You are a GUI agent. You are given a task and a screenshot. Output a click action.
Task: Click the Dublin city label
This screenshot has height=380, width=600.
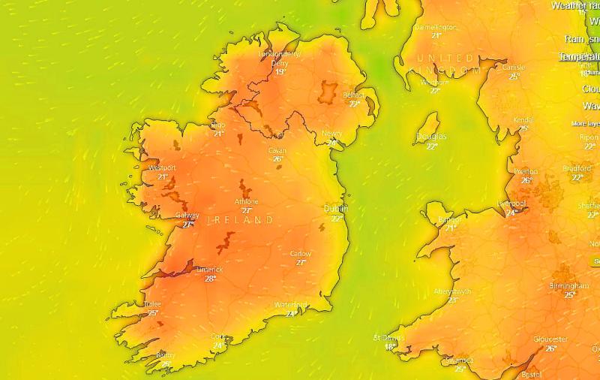(334, 209)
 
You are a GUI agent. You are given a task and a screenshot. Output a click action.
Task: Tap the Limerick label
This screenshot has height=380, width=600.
(211, 270)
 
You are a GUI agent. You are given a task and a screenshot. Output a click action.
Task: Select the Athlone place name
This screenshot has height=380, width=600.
(246, 202)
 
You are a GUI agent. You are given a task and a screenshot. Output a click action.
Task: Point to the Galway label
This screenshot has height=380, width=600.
(187, 216)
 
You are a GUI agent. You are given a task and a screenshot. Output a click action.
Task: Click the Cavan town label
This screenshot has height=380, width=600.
(277, 150)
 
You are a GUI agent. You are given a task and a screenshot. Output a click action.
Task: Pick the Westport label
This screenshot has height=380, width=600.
(162, 167)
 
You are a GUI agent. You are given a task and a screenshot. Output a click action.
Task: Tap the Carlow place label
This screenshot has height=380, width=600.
(301, 254)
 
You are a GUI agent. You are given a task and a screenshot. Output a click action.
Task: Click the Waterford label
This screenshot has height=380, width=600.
(291, 304)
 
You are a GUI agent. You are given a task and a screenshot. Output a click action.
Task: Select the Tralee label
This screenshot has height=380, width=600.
(152, 304)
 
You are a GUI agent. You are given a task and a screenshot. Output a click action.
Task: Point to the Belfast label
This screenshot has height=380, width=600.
(353, 95)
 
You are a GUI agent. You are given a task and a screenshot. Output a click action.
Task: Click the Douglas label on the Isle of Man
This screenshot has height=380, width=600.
(431, 137)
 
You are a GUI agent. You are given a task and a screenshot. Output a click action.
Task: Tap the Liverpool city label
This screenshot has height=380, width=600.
(512, 204)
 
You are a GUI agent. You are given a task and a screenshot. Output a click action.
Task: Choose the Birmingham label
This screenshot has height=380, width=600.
(568, 286)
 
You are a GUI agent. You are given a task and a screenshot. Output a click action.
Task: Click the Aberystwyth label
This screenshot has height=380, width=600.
(452, 291)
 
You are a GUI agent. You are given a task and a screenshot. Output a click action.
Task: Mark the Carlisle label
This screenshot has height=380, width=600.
(514, 68)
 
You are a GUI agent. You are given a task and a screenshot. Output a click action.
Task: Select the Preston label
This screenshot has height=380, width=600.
(526, 171)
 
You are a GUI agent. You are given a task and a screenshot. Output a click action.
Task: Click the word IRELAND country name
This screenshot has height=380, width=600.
(240, 220)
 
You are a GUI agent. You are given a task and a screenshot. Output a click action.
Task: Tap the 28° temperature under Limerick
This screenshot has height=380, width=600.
(211, 279)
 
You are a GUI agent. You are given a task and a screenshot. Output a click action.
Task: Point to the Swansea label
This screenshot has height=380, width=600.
(459, 360)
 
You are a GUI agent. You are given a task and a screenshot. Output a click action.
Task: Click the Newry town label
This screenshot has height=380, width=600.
(332, 134)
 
